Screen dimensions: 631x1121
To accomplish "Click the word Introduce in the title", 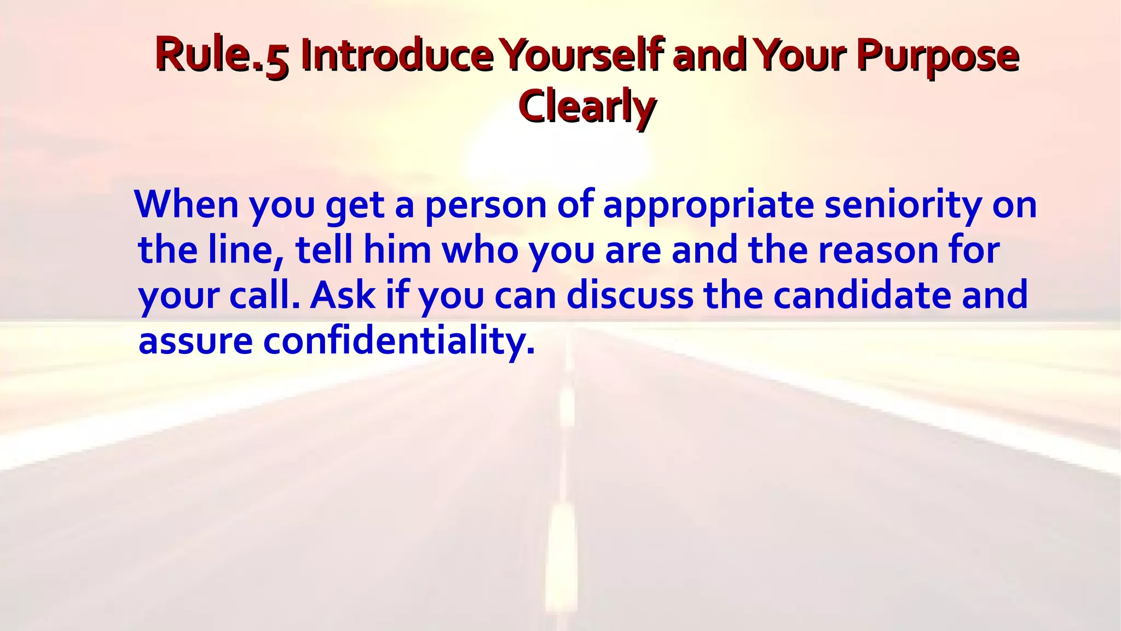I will [x=396, y=55].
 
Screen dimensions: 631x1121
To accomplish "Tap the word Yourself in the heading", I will [x=583, y=55].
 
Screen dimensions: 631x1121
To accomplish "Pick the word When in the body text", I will [x=187, y=204].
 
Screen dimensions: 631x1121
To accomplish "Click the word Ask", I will [x=343, y=295].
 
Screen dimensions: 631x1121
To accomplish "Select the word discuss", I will [x=629, y=295].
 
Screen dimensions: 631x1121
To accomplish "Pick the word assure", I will [x=195, y=341].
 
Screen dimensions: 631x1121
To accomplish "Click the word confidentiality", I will [x=398, y=341].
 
